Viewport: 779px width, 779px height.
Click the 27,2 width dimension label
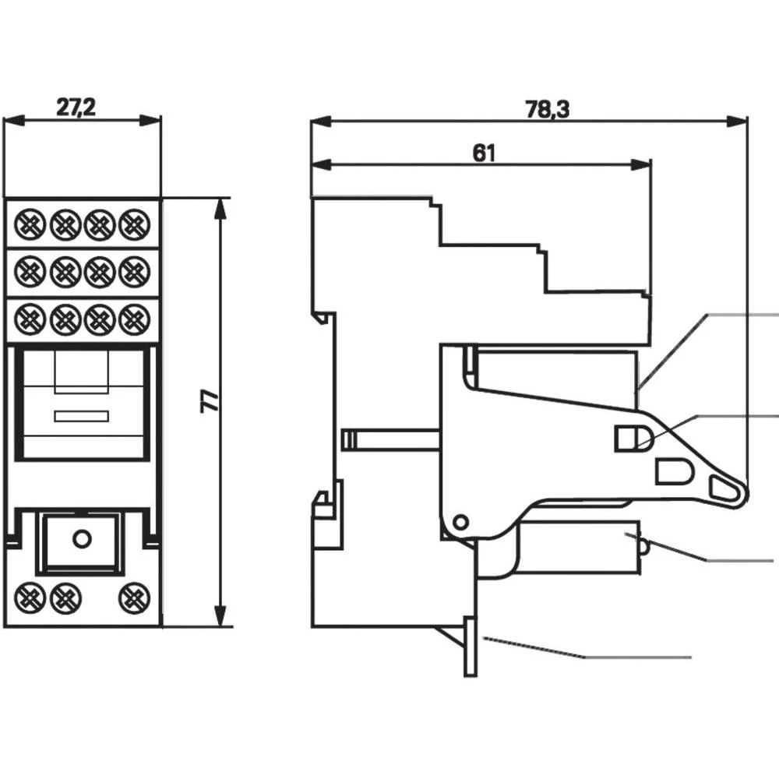point(76,108)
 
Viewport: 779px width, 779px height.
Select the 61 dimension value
point(484,153)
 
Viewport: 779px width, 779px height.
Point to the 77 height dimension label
point(208,403)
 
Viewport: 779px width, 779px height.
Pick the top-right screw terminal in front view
point(134,224)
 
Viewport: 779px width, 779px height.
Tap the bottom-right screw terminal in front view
point(134,597)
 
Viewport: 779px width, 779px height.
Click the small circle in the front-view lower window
point(80,538)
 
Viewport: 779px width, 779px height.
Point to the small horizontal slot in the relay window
point(81,416)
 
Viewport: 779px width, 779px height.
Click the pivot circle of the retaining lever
point(460,522)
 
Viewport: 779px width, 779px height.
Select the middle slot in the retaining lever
point(675,471)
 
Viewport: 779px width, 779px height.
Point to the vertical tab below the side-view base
point(470,646)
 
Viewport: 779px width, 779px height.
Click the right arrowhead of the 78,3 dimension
point(738,122)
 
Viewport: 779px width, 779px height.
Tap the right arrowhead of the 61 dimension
point(641,164)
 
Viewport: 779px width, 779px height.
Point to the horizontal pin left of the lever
point(389,439)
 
